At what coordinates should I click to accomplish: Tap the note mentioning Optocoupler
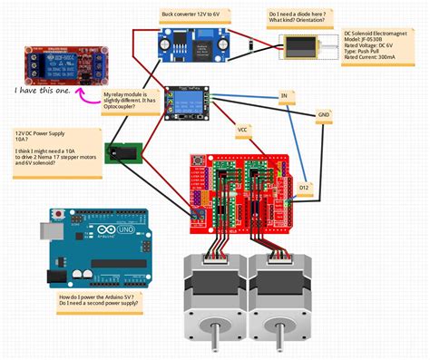(132, 101)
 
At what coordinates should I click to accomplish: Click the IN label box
(284, 94)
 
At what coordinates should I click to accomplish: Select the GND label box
(324, 114)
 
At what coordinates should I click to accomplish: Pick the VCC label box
(242, 130)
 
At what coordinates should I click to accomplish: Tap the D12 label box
(304, 187)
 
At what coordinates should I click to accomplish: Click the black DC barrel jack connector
(123, 156)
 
